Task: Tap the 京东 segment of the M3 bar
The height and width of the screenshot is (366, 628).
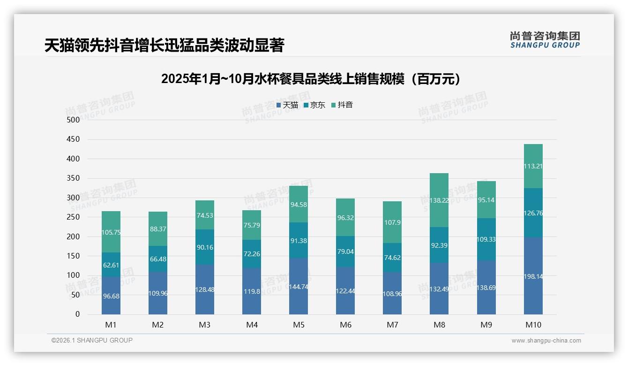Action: pyautogui.click(x=205, y=247)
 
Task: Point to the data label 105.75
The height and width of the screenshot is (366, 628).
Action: pyautogui.click(x=111, y=232)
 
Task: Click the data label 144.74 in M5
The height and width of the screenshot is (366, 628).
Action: pyautogui.click(x=299, y=287)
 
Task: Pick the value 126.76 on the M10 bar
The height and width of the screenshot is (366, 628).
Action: pyautogui.click(x=533, y=213)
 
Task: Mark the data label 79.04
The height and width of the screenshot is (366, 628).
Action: pyautogui.click(x=345, y=252)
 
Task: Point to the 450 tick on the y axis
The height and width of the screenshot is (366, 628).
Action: pyautogui.click(x=74, y=139)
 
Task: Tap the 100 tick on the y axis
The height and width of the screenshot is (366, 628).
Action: pyautogui.click(x=74, y=275)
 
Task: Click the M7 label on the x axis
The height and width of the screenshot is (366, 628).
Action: pyautogui.click(x=392, y=325)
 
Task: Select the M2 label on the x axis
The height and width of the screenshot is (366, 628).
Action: pyautogui.click(x=158, y=325)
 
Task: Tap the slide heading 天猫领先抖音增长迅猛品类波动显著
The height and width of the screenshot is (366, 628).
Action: pyautogui.click(x=164, y=46)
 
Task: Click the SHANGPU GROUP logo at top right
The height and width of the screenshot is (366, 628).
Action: pyautogui.click(x=545, y=40)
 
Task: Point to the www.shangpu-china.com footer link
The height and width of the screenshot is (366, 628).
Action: pyautogui.click(x=546, y=341)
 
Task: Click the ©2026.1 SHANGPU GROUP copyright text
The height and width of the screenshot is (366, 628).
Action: pyautogui.click(x=92, y=340)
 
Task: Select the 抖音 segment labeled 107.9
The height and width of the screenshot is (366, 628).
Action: pyautogui.click(x=392, y=222)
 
